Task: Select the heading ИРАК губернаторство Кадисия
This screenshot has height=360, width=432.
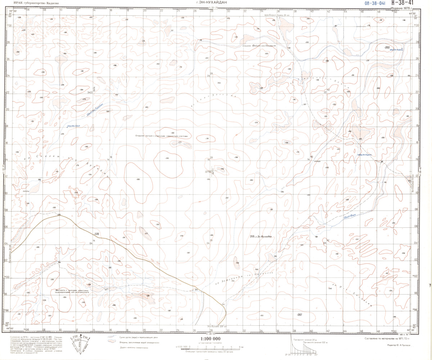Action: pos(35,3)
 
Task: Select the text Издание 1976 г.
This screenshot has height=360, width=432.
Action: pos(401,8)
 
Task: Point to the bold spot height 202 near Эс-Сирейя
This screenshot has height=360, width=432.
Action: pos(387,47)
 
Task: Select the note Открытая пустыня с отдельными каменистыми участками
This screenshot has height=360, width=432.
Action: pos(161,136)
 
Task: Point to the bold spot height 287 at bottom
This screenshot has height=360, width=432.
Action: pos(299,315)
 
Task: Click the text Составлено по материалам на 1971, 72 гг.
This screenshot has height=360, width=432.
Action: pos(392,338)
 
